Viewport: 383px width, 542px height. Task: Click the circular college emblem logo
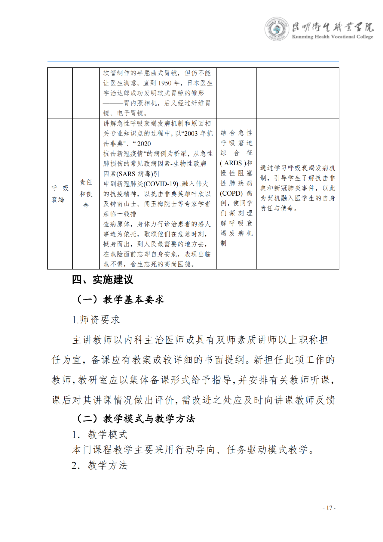tap(277, 29)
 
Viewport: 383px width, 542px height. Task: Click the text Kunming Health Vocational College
tap(332, 37)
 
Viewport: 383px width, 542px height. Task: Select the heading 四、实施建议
tap(103, 280)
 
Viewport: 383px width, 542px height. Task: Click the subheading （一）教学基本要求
tap(120, 299)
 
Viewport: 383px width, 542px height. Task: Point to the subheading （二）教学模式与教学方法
tap(136, 419)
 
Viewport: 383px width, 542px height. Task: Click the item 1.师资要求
tap(96, 320)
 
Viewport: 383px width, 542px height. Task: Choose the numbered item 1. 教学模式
tap(100, 435)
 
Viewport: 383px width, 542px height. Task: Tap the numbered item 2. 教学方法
tap(100, 465)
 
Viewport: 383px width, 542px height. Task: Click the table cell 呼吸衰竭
tap(60, 194)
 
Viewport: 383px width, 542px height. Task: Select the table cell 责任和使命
tap(86, 194)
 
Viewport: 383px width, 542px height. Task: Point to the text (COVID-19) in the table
tap(161, 184)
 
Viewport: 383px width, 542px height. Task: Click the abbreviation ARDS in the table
tap(233, 163)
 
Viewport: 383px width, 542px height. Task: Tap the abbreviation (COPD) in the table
tap(231, 193)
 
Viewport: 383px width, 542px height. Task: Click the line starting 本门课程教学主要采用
tap(193, 450)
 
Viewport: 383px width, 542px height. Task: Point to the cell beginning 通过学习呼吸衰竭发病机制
tap(297, 188)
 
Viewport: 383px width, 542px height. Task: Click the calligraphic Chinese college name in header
tap(332, 27)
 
